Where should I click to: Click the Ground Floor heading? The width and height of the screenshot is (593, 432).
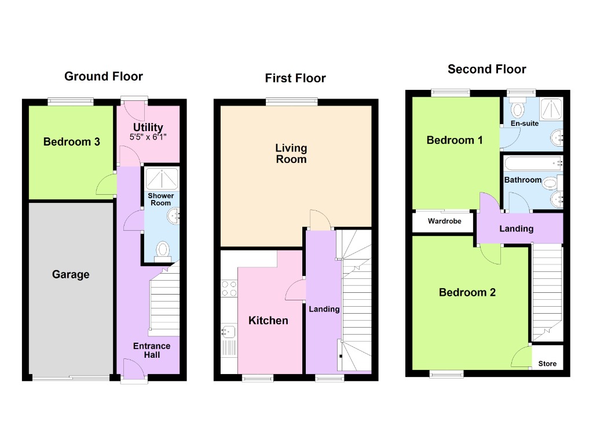tap(103, 77)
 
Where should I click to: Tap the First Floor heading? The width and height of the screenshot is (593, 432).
tap(295, 78)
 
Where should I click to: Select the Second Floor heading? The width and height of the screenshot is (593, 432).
tap(486, 70)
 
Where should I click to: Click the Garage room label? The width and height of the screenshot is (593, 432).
tap(71, 274)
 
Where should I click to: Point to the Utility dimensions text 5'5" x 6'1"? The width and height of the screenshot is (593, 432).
tap(148, 138)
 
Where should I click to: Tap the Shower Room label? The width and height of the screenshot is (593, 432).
tap(160, 199)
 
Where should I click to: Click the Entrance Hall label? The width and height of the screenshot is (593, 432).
tap(152, 350)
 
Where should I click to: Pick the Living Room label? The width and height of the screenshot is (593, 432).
tap(291, 154)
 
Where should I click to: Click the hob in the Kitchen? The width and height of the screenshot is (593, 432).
tap(228, 288)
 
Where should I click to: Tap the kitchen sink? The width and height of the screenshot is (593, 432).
tap(228, 332)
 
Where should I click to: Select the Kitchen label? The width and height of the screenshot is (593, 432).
tap(268, 321)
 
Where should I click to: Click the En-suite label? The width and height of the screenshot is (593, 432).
tap(525, 124)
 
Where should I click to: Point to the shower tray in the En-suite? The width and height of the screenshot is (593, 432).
tap(551, 107)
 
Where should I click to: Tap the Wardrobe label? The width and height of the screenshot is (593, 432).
tap(444, 222)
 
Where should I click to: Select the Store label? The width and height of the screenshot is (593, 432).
tap(547, 364)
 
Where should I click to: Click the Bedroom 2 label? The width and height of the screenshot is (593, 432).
tap(467, 292)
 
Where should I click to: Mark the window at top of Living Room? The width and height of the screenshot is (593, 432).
tap(292, 102)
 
